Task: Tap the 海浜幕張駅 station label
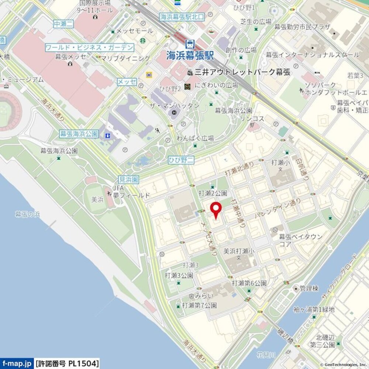point(190,56)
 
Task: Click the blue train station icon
point(190,44)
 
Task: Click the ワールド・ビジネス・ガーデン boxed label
point(89,48)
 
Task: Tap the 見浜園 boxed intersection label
point(128,180)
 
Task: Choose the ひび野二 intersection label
point(181,160)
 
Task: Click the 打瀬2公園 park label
point(213,193)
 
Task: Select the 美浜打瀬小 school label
point(239,251)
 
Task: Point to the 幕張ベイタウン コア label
point(301,240)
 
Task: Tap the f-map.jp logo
point(17,363)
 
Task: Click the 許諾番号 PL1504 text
point(68,363)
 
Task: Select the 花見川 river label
point(266,355)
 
